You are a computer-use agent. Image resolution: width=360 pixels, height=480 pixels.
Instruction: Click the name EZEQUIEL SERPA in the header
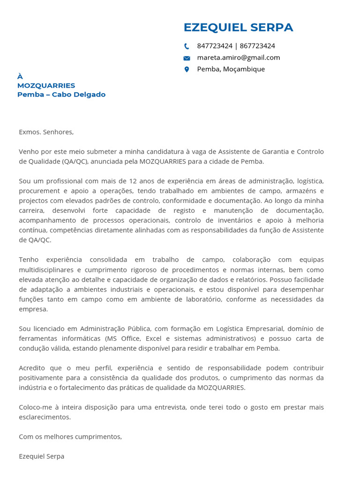[x=238, y=28]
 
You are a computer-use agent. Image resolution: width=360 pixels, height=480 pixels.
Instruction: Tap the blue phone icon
[x=187, y=46]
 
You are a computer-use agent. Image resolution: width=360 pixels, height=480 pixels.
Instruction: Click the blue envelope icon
[x=187, y=58]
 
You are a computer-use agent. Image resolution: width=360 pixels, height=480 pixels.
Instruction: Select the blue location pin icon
[x=187, y=69]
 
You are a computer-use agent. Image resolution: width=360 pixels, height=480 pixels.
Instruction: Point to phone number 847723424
[x=215, y=46]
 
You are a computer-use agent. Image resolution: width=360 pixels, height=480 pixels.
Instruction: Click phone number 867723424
[x=257, y=46]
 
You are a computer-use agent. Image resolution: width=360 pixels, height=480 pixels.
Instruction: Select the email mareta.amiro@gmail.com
[x=238, y=58]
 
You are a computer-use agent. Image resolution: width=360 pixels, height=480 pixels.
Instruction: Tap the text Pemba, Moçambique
[x=231, y=69]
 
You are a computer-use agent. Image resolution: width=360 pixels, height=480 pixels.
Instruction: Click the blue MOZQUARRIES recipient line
[x=46, y=85]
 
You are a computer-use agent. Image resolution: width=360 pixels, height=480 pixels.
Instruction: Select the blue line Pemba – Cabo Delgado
[x=61, y=95]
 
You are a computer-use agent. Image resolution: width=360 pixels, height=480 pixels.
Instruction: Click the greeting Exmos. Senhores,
[x=46, y=132]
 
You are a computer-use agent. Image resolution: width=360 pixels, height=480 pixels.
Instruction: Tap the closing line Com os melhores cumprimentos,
[x=70, y=437]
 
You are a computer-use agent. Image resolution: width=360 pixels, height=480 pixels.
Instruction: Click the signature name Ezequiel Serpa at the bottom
[x=42, y=456]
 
